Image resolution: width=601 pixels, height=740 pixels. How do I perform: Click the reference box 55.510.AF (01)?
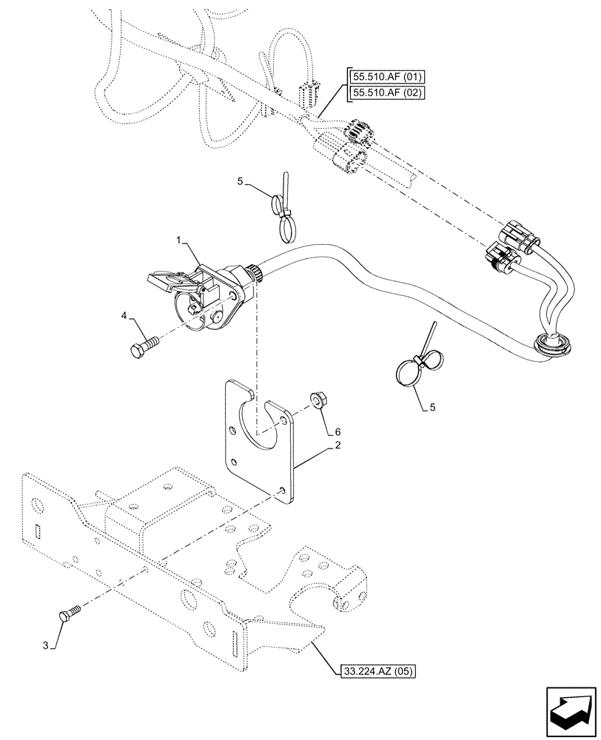click(383, 77)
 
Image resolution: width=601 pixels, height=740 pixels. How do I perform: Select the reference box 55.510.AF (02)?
click(383, 92)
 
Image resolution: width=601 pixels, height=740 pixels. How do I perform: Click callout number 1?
click(178, 241)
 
